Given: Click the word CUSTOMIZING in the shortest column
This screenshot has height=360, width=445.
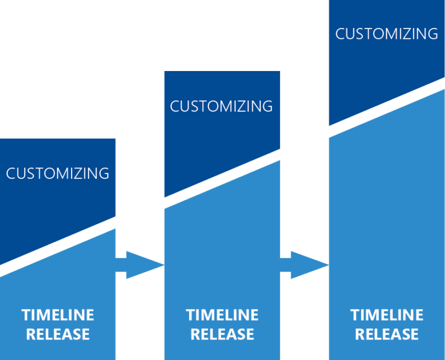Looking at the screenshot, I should click(57, 173).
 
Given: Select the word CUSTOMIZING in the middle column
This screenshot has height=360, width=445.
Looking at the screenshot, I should click(221, 106).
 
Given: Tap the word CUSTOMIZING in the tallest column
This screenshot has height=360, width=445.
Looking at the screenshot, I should click(387, 34).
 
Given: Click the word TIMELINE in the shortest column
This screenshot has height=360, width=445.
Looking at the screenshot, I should click(58, 315).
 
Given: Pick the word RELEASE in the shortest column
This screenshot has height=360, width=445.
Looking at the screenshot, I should click(58, 334).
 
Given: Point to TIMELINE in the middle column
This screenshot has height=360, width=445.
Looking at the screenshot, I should click(222, 315).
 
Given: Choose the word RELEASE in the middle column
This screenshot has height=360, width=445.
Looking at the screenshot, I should click(222, 334).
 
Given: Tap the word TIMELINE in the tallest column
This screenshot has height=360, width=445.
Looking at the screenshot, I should click(387, 315).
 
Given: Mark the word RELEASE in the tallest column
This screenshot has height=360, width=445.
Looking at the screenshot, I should click(387, 334).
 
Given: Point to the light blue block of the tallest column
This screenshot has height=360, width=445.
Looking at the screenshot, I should click(387, 211).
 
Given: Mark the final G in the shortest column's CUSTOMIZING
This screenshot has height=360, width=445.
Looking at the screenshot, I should click(104, 173).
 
